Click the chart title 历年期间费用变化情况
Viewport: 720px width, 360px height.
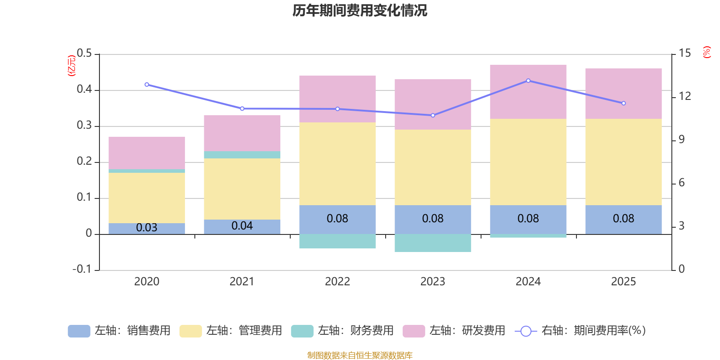click(x=360, y=10)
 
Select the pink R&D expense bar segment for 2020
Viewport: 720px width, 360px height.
click(x=147, y=153)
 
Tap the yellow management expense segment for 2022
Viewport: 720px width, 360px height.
click(x=337, y=164)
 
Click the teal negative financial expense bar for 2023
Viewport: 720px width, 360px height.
click(x=433, y=243)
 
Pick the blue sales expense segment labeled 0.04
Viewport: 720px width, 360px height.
click(x=242, y=226)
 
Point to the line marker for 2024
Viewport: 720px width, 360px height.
click(x=528, y=81)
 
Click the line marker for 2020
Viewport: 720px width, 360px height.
click(x=147, y=85)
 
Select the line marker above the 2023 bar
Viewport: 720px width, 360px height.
click(x=433, y=115)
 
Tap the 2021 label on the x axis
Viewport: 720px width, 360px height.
click(x=242, y=282)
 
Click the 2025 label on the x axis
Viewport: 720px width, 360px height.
click(x=623, y=282)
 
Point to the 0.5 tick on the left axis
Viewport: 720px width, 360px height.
click(x=84, y=54)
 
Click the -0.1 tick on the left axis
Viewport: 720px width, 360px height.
click(x=82, y=269)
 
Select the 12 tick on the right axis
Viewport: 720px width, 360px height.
click(x=685, y=96)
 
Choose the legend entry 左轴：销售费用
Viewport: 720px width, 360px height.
click(x=119, y=331)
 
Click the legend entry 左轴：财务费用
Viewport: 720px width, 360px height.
click(x=342, y=331)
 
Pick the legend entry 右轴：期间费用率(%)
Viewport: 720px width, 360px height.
click(x=580, y=331)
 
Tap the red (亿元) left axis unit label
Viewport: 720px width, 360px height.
click(x=71, y=66)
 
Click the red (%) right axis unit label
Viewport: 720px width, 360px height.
click(x=707, y=52)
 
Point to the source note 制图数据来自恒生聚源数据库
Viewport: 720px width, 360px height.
click(x=360, y=355)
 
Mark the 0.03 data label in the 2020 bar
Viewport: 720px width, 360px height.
click(x=147, y=228)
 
